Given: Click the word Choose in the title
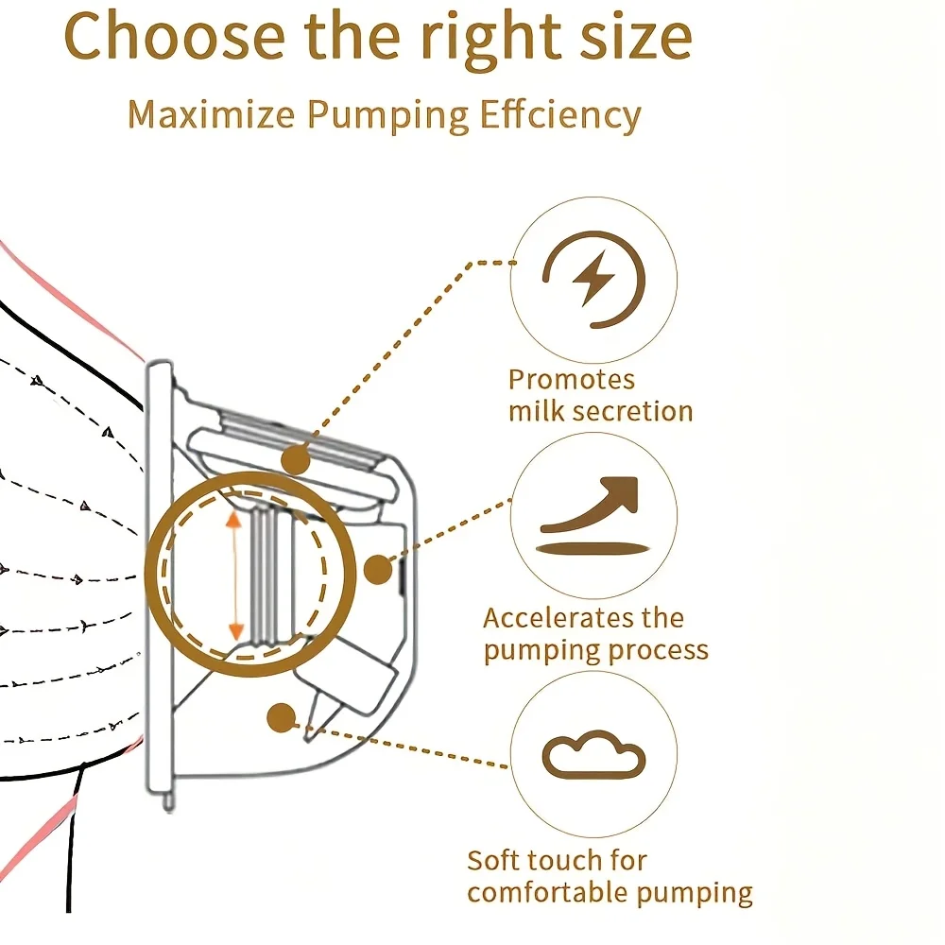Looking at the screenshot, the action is click(174, 36).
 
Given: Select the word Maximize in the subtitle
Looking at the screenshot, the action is click(212, 113).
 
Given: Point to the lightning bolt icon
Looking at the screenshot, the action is click(593, 279).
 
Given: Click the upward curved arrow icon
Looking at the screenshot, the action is click(590, 505).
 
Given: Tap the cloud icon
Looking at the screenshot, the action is click(593, 754).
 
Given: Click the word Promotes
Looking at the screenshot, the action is click(572, 380).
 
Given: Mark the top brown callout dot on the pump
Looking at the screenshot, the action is click(296, 461).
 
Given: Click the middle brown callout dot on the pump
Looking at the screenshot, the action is click(379, 569).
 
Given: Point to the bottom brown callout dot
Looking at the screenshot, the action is click(282, 718).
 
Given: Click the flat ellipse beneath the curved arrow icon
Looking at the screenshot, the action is click(593, 548).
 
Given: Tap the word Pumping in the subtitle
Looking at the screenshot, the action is click(387, 115).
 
